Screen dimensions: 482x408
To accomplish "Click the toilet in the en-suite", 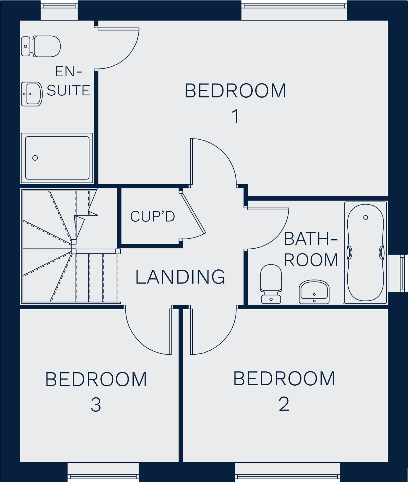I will coord(41,46).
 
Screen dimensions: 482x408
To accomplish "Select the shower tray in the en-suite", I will coord(57,158).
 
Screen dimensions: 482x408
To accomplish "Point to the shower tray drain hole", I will coord(35,158).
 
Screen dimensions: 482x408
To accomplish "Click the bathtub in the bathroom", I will coord(365,252).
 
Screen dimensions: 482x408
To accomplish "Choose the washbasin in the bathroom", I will coord(314,292).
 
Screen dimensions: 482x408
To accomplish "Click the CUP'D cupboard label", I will coord(152,216).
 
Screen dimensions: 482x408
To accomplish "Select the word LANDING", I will coord(180,277).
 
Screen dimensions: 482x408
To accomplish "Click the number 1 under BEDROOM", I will coord(235,116).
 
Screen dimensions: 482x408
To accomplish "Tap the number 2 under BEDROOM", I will coord(284,404).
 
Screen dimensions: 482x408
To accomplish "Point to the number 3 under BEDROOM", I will coord(96,405).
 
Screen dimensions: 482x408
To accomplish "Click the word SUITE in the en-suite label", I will coord(68,90).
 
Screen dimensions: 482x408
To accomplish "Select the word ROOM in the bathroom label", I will coord(311,260).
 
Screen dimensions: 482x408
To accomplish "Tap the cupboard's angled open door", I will coord(193,213).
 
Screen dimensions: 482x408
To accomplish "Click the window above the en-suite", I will coord(59,12).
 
